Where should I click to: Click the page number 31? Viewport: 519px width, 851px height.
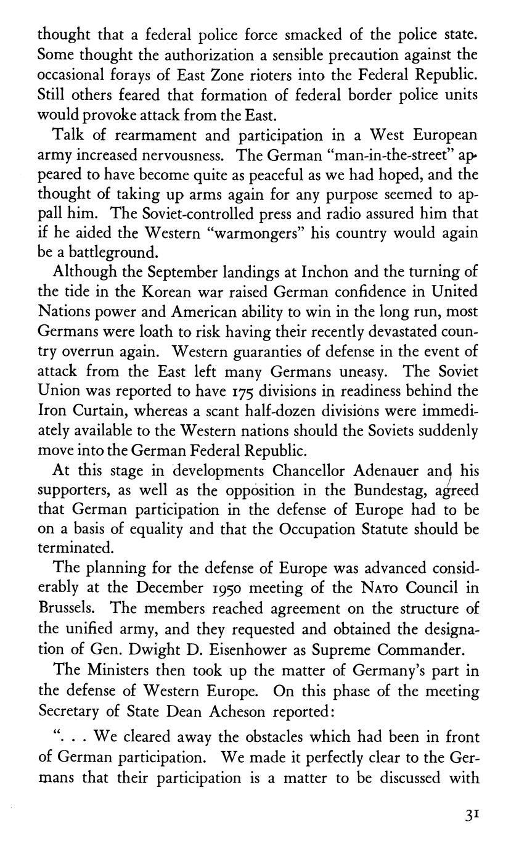472,814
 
